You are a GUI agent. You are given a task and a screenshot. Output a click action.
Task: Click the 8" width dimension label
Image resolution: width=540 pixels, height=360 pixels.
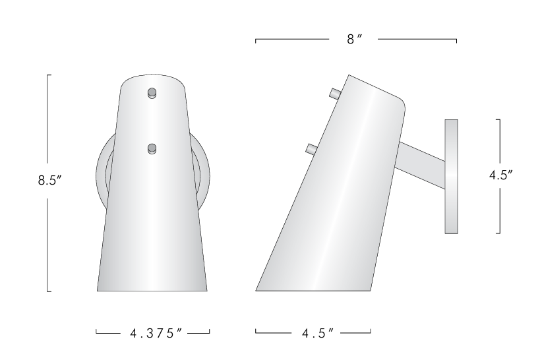(x=355, y=40)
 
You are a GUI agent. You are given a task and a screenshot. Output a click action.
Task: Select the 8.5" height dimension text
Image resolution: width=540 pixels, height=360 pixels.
(x=50, y=181)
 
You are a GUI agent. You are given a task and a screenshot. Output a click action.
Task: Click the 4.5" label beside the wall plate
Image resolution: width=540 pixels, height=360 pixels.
(x=501, y=175)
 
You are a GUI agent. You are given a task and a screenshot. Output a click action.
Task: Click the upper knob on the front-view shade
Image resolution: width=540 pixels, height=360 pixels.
(x=152, y=92)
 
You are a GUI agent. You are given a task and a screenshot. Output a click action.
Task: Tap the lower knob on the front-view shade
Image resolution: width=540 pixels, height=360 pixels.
(x=152, y=149)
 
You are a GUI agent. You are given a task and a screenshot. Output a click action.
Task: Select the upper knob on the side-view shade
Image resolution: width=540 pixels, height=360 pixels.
(x=334, y=94)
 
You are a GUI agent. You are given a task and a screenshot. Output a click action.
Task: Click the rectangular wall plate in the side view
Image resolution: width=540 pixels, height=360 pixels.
(x=451, y=176)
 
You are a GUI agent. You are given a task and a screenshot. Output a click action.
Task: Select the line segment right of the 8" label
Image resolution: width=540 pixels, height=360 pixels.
(x=417, y=40)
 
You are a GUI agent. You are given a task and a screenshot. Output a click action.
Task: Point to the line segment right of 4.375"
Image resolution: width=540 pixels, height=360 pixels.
(x=199, y=332)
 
